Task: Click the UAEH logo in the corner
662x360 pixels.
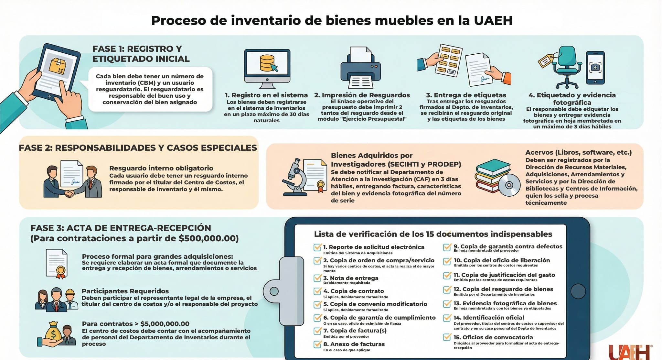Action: coord(630,352)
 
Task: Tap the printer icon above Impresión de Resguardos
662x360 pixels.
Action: coord(360,67)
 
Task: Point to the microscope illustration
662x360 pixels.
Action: coord(295,177)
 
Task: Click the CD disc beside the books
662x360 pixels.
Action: coord(509,185)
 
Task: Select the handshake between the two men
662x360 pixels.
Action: coord(69,193)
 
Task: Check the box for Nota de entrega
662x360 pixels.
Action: coord(317,278)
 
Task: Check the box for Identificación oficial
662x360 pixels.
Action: coord(447,318)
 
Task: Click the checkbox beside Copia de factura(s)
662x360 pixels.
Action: coord(317,331)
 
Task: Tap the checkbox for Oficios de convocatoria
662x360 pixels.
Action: coord(447,337)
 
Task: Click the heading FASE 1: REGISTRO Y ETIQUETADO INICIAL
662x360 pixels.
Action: coord(141,54)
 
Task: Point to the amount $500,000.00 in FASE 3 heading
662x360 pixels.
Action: coord(208,238)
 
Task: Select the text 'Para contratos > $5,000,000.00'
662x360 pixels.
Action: coord(136,324)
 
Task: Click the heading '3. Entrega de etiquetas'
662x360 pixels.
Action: coord(466,95)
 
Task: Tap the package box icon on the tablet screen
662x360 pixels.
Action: coord(57,66)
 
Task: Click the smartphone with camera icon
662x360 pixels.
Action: coord(595,68)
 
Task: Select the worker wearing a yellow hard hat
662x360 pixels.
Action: coord(70,300)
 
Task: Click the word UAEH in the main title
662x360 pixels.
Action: coord(493,20)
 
